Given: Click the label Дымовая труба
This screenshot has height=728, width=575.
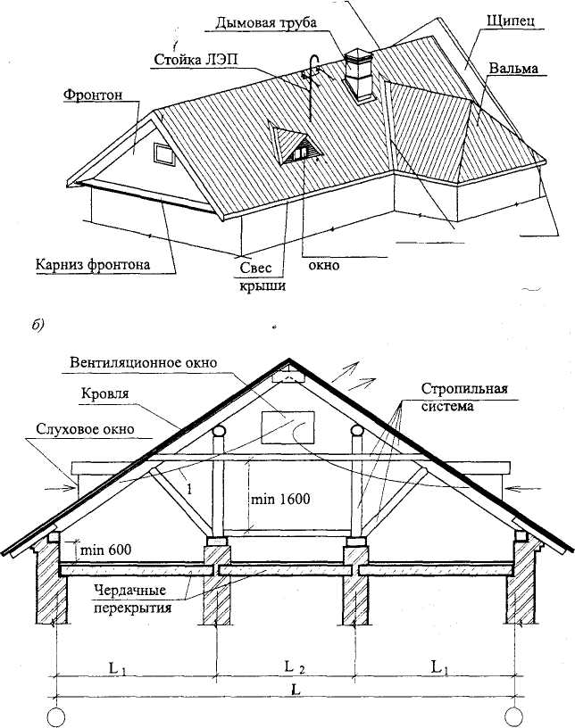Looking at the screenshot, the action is pos(266,22).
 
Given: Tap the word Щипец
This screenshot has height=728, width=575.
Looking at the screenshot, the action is pos(511,21).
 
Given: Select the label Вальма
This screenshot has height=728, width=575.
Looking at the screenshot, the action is pos(513,68).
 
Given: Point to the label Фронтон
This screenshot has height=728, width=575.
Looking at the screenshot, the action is pos(93,95).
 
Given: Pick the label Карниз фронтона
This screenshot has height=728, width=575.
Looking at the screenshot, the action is pos(94,265).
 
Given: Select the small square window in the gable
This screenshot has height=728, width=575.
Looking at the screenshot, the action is pos(164,154).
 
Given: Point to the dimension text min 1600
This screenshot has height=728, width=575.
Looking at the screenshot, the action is pos(280,499).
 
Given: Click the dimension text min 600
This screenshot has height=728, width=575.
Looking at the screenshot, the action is pos(105,550).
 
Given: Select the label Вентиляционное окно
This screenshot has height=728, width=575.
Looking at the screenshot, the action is pos(144,362).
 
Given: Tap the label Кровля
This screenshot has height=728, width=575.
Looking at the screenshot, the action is pos(105,393).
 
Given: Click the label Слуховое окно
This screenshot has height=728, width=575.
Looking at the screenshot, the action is pos(85,429).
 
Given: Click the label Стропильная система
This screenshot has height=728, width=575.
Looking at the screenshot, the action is pos(464,397).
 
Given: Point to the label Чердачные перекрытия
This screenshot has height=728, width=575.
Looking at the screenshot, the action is pos(132,599).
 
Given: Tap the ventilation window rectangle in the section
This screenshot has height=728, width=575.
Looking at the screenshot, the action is pos(287,427).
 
